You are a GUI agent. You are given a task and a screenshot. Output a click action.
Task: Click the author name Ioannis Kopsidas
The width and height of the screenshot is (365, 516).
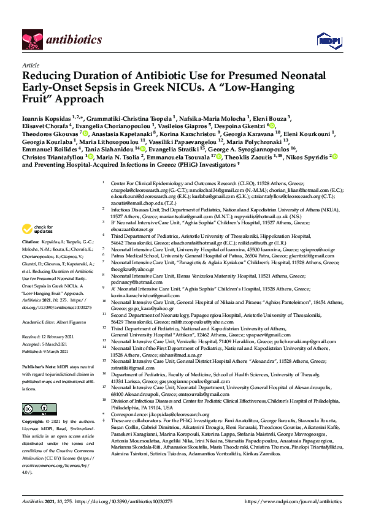point(44,115)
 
